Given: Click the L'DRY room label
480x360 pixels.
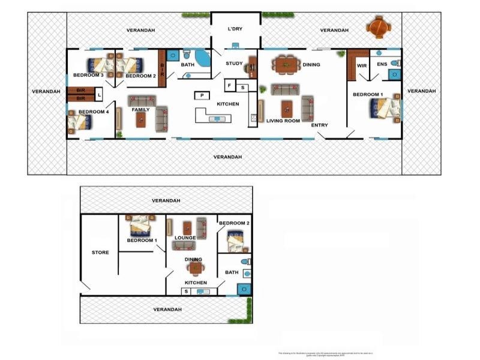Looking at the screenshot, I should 234,29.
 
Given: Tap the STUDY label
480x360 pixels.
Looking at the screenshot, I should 234,63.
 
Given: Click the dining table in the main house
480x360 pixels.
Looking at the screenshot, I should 285,62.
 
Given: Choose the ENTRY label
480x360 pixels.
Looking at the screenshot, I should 320,125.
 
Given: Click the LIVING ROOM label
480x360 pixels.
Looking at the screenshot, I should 283,121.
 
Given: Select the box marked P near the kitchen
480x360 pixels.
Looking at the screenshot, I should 201,95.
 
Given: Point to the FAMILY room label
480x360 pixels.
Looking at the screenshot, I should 141,110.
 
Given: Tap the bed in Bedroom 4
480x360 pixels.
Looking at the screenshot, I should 79,122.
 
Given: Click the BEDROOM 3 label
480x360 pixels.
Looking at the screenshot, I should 89,75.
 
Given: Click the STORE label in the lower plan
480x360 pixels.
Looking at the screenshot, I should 100,253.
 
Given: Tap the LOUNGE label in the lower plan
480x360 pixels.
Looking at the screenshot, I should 185,238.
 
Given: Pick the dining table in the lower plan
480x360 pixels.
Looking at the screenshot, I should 196,268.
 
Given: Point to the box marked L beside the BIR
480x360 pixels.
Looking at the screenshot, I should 98,94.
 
